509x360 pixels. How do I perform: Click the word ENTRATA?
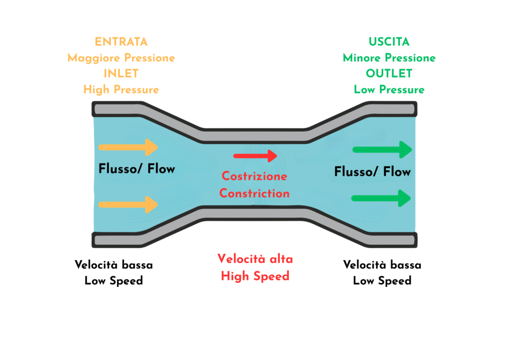(x=121, y=42)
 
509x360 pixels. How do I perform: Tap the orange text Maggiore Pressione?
(x=121, y=58)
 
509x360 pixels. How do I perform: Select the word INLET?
(x=121, y=74)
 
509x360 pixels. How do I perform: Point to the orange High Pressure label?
(x=121, y=90)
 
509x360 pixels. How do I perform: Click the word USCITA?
(x=389, y=42)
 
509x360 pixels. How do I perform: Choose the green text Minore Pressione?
(x=389, y=58)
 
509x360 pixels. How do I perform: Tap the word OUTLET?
(x=389, y=74)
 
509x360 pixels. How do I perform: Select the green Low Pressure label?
(x=389, y=90)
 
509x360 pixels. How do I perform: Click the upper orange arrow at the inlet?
(x=128, y=147)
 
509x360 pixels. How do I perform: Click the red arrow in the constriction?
(x=255, y=156)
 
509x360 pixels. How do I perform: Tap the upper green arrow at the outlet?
(x=382, y=149)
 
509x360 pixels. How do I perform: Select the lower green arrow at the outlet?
(x=381, y=198)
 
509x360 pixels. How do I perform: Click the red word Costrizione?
(x=254, y=177)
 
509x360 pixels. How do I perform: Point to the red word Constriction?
(x=254, y=193)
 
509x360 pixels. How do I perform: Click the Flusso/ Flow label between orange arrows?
(x=137, y=169)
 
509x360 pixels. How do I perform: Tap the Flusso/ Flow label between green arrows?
(x=372, y=172)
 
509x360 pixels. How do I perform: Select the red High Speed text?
(x=255, y=275)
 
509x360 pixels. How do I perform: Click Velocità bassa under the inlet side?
(x=114, y=265)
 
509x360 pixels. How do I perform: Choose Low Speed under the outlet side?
(x=382, y=280)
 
